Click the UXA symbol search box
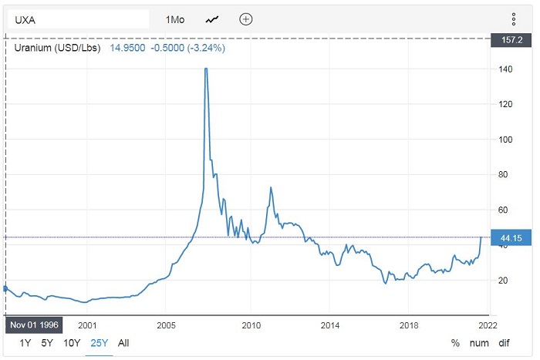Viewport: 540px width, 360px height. tap(77, 19)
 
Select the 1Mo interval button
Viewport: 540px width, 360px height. tap(174, 19)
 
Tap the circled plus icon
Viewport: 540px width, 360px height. tap(246, 19)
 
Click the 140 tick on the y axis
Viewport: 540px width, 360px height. tap(505, 69)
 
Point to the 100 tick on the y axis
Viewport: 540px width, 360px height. tap(505, 140)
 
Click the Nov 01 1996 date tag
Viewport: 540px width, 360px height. tap(34, 325)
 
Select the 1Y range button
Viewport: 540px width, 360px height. tap(25, 342)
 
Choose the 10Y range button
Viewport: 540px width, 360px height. tap(72, 342)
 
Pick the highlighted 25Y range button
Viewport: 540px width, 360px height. tap(98, 342)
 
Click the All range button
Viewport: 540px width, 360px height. tap(123, 342)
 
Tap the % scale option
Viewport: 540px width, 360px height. tap(455, 342)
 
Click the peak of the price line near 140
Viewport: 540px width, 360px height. tap(206, 69)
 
